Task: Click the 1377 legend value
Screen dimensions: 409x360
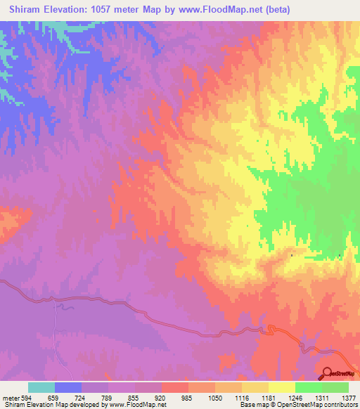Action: pos(349,398)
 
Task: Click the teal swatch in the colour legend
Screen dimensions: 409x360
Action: pos(41,387)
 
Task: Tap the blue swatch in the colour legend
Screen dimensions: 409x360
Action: pos(68,387)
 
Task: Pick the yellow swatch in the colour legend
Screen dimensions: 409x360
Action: pos(281,387)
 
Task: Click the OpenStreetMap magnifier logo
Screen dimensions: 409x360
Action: pos(328,372)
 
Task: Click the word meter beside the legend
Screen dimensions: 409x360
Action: pos(10,398)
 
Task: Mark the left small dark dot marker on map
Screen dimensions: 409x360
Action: pos(292,255)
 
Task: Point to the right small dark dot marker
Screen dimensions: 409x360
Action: pos(340,255)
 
